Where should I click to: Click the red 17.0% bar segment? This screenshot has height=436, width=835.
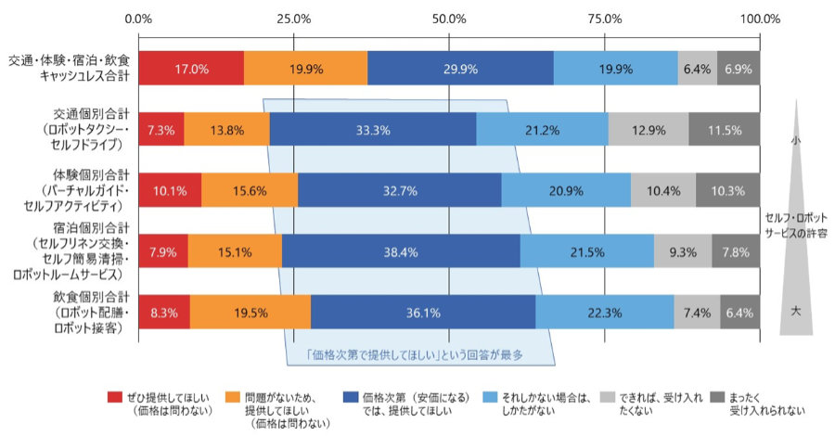(191, 68)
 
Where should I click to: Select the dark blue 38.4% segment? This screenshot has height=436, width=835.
(401, 250)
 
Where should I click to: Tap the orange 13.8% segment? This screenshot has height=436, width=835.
(227, 129)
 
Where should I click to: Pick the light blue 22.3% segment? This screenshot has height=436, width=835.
(604, 313)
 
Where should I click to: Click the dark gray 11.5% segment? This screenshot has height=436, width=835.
(724, 129)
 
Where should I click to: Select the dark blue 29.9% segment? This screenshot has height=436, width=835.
(460, 68)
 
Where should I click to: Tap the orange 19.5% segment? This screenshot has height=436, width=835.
(250, 313)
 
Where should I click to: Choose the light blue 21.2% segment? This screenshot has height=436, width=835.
(542, 129)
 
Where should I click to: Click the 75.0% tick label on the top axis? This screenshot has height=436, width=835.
(605, 18)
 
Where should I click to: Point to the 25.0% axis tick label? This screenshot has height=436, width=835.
(294, 18)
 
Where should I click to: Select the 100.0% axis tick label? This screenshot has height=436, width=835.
(760, 18)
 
